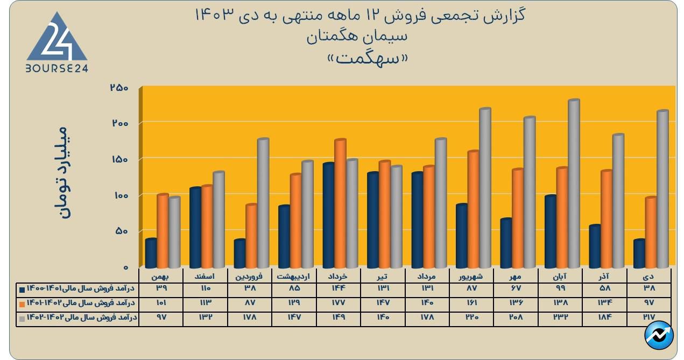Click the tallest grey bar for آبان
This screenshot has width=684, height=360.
point(573,183)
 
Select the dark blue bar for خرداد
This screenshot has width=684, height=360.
point(328,215)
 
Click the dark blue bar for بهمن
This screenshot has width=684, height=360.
point(151,253)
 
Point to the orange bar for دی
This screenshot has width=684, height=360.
point(651,232)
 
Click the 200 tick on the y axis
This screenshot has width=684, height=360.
point(120,123)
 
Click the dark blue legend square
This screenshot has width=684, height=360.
point(22,290)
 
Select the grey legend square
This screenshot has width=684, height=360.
point(22,317)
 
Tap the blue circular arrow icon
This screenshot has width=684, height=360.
point(659,335)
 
